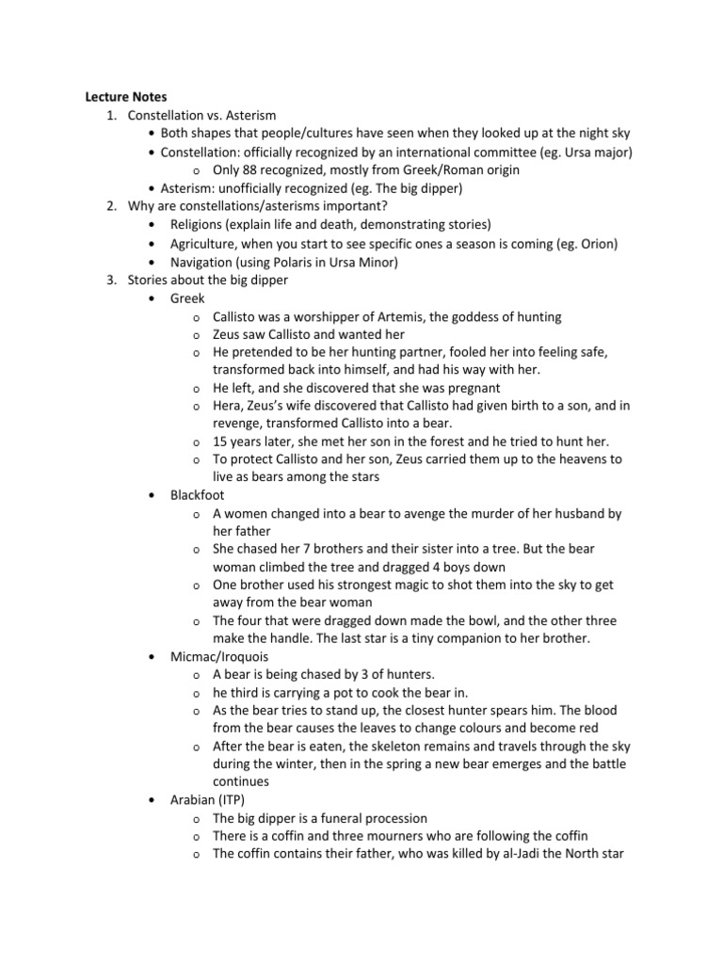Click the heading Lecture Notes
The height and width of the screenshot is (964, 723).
tap(126, 96)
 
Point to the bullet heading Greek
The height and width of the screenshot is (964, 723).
tap(187, 298)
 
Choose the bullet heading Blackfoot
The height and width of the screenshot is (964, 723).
tap(197, 494)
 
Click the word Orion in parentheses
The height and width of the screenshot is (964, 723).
tap(595, 244)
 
